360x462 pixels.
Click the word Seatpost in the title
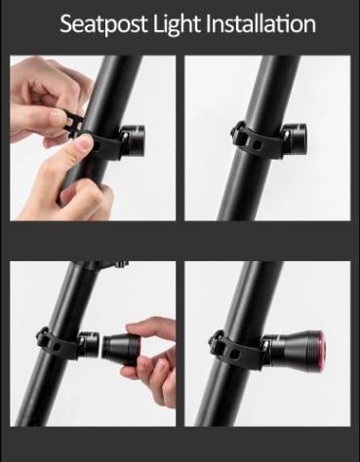click(103, 24)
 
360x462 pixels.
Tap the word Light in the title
click(177, 24)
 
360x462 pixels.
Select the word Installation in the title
click(260, 23)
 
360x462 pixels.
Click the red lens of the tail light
click(320, 349)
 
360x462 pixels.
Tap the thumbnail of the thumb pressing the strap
click(86, 142)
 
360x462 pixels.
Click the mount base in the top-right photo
click(294, 139)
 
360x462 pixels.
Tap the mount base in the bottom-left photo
click(88, 344)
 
